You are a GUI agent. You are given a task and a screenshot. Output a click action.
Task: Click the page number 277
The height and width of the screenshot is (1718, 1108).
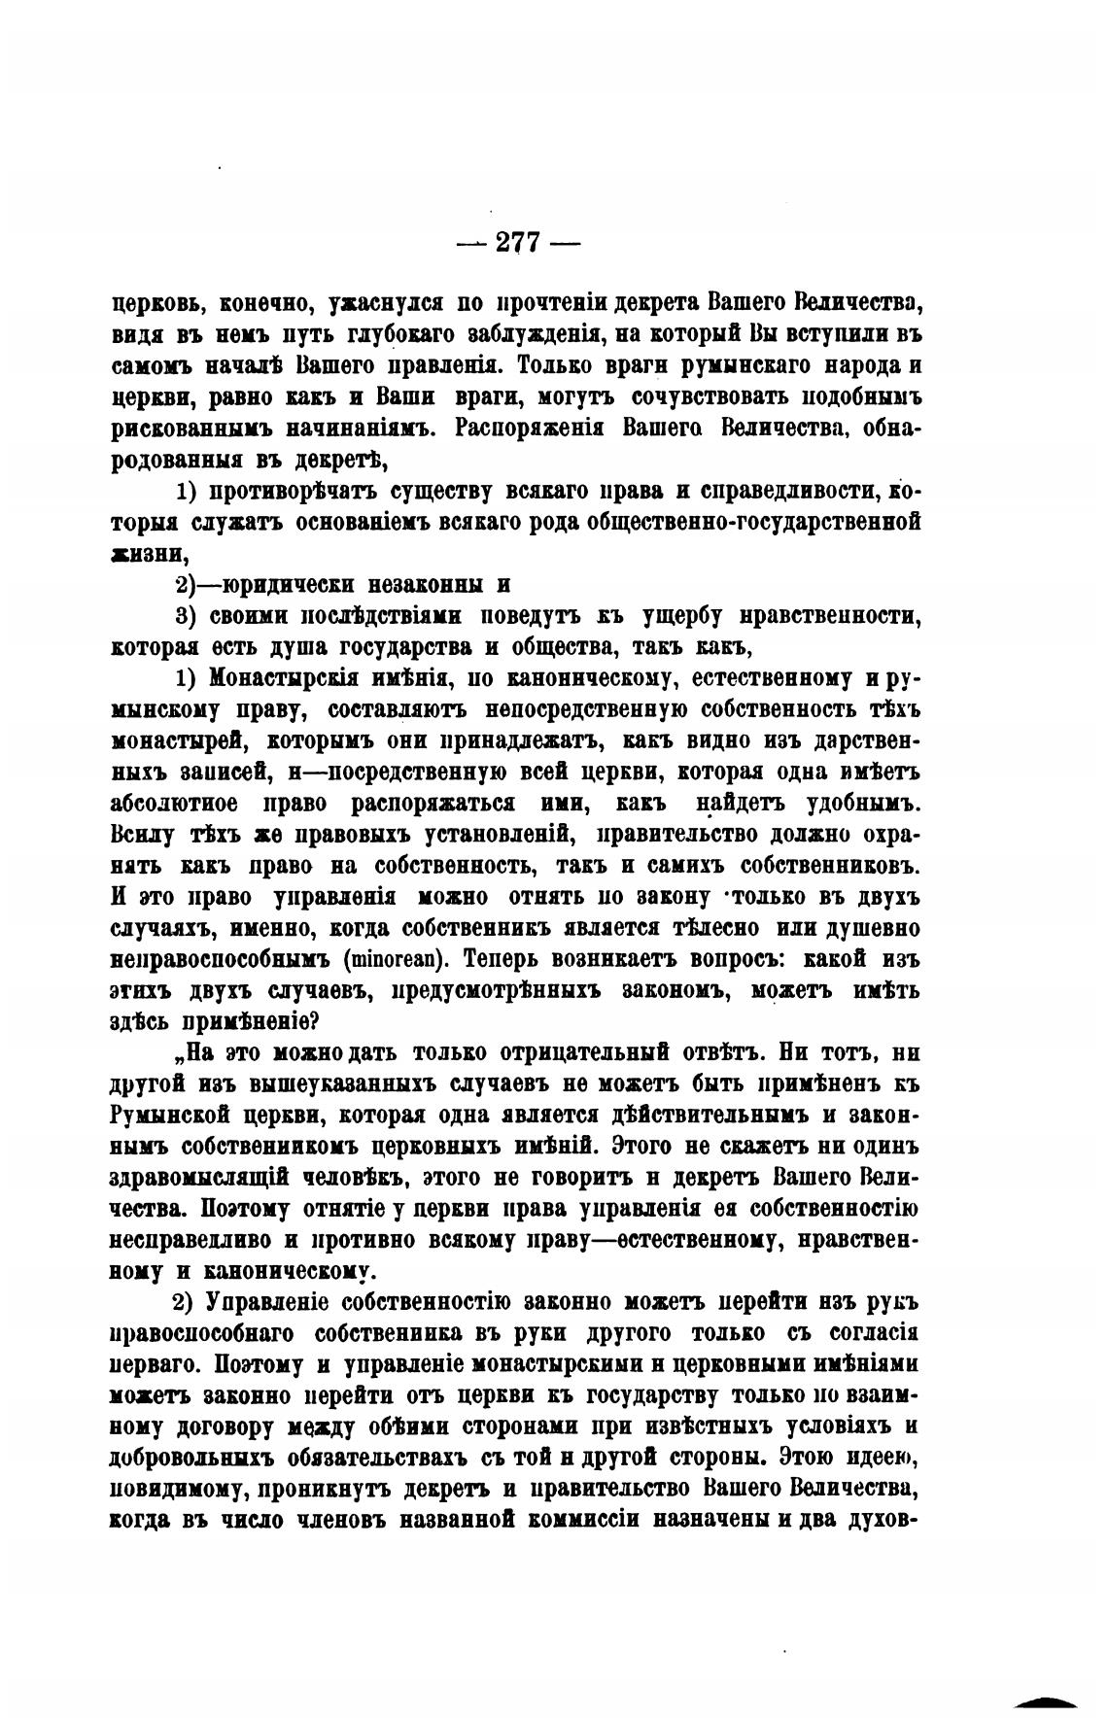[x=518, y=243]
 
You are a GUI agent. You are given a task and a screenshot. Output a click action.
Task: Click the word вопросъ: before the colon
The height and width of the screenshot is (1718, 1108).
[x=714, y=959]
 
